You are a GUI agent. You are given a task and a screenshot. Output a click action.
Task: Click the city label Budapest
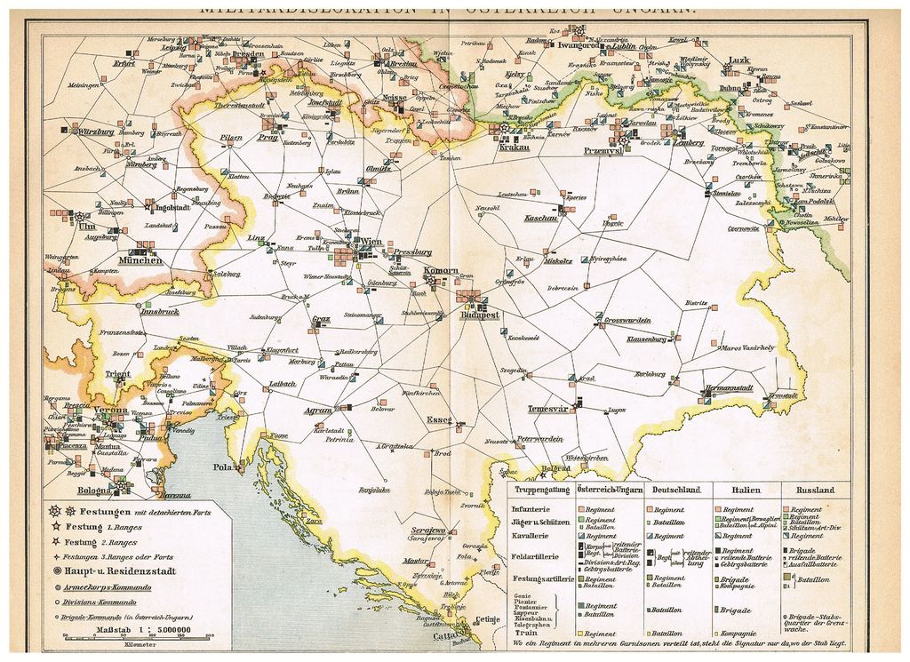481,315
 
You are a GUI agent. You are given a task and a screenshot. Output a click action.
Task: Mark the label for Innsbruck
159,312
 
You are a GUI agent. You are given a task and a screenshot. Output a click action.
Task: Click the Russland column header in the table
815,490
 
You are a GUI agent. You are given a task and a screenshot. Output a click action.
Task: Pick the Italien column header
738,490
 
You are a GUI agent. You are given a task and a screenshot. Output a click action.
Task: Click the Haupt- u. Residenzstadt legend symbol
58,571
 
